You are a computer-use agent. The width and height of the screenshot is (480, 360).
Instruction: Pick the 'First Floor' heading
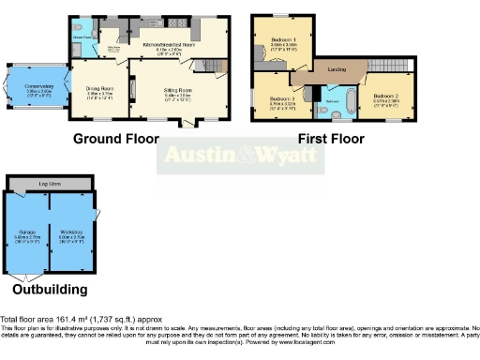pyautogui.click(x=331, y=139)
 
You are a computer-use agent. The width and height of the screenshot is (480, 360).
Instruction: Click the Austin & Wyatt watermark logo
pyautogui.click(x=241, y=156)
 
